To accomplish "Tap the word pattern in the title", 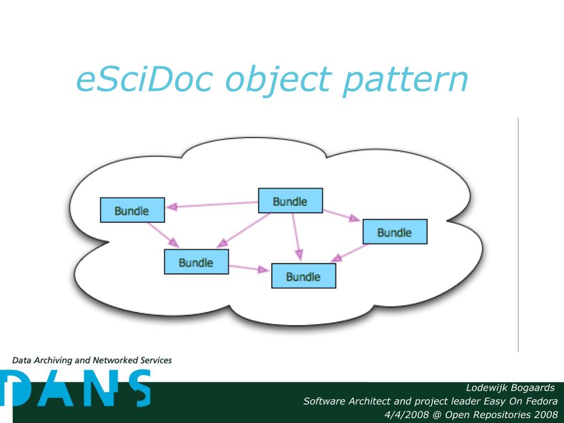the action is pyautogui.click(x=404, y=80).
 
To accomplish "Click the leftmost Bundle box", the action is pyautogui.click(x=132, y=210).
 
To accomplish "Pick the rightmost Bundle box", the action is pyautogui.click(x=394, y=232).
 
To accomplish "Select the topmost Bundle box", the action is pyautogui.click(x=290, y=200).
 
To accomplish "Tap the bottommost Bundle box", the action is pyautogui.click(x=303, y=276).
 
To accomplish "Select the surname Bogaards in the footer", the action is pyautogui.click(x=533, y=388).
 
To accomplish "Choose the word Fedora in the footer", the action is pyautogui.click(x=541, y=401).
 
